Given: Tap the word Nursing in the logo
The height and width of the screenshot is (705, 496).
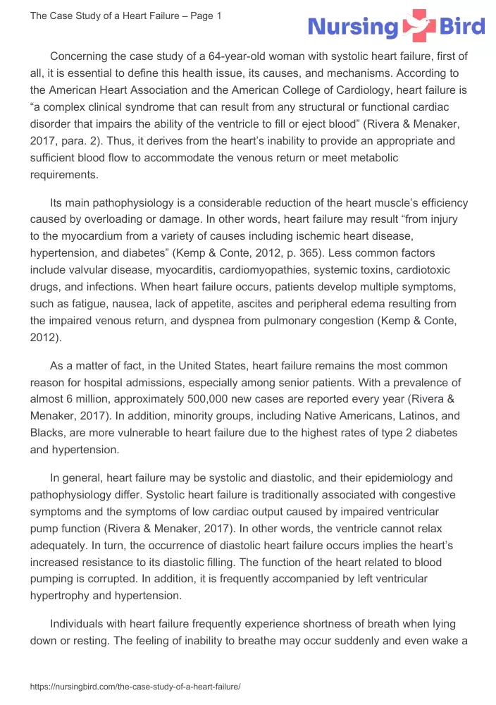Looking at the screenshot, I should (x=353, y=27).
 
